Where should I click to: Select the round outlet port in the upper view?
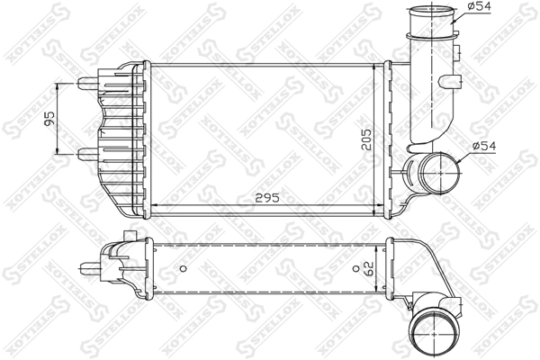[x=432, y=172]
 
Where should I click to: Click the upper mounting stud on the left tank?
[x=88, y=82]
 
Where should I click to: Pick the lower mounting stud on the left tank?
[x=88, y=152]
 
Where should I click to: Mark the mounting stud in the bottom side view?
[x=88, y=267]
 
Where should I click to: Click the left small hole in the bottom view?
[x=183, y=268]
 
